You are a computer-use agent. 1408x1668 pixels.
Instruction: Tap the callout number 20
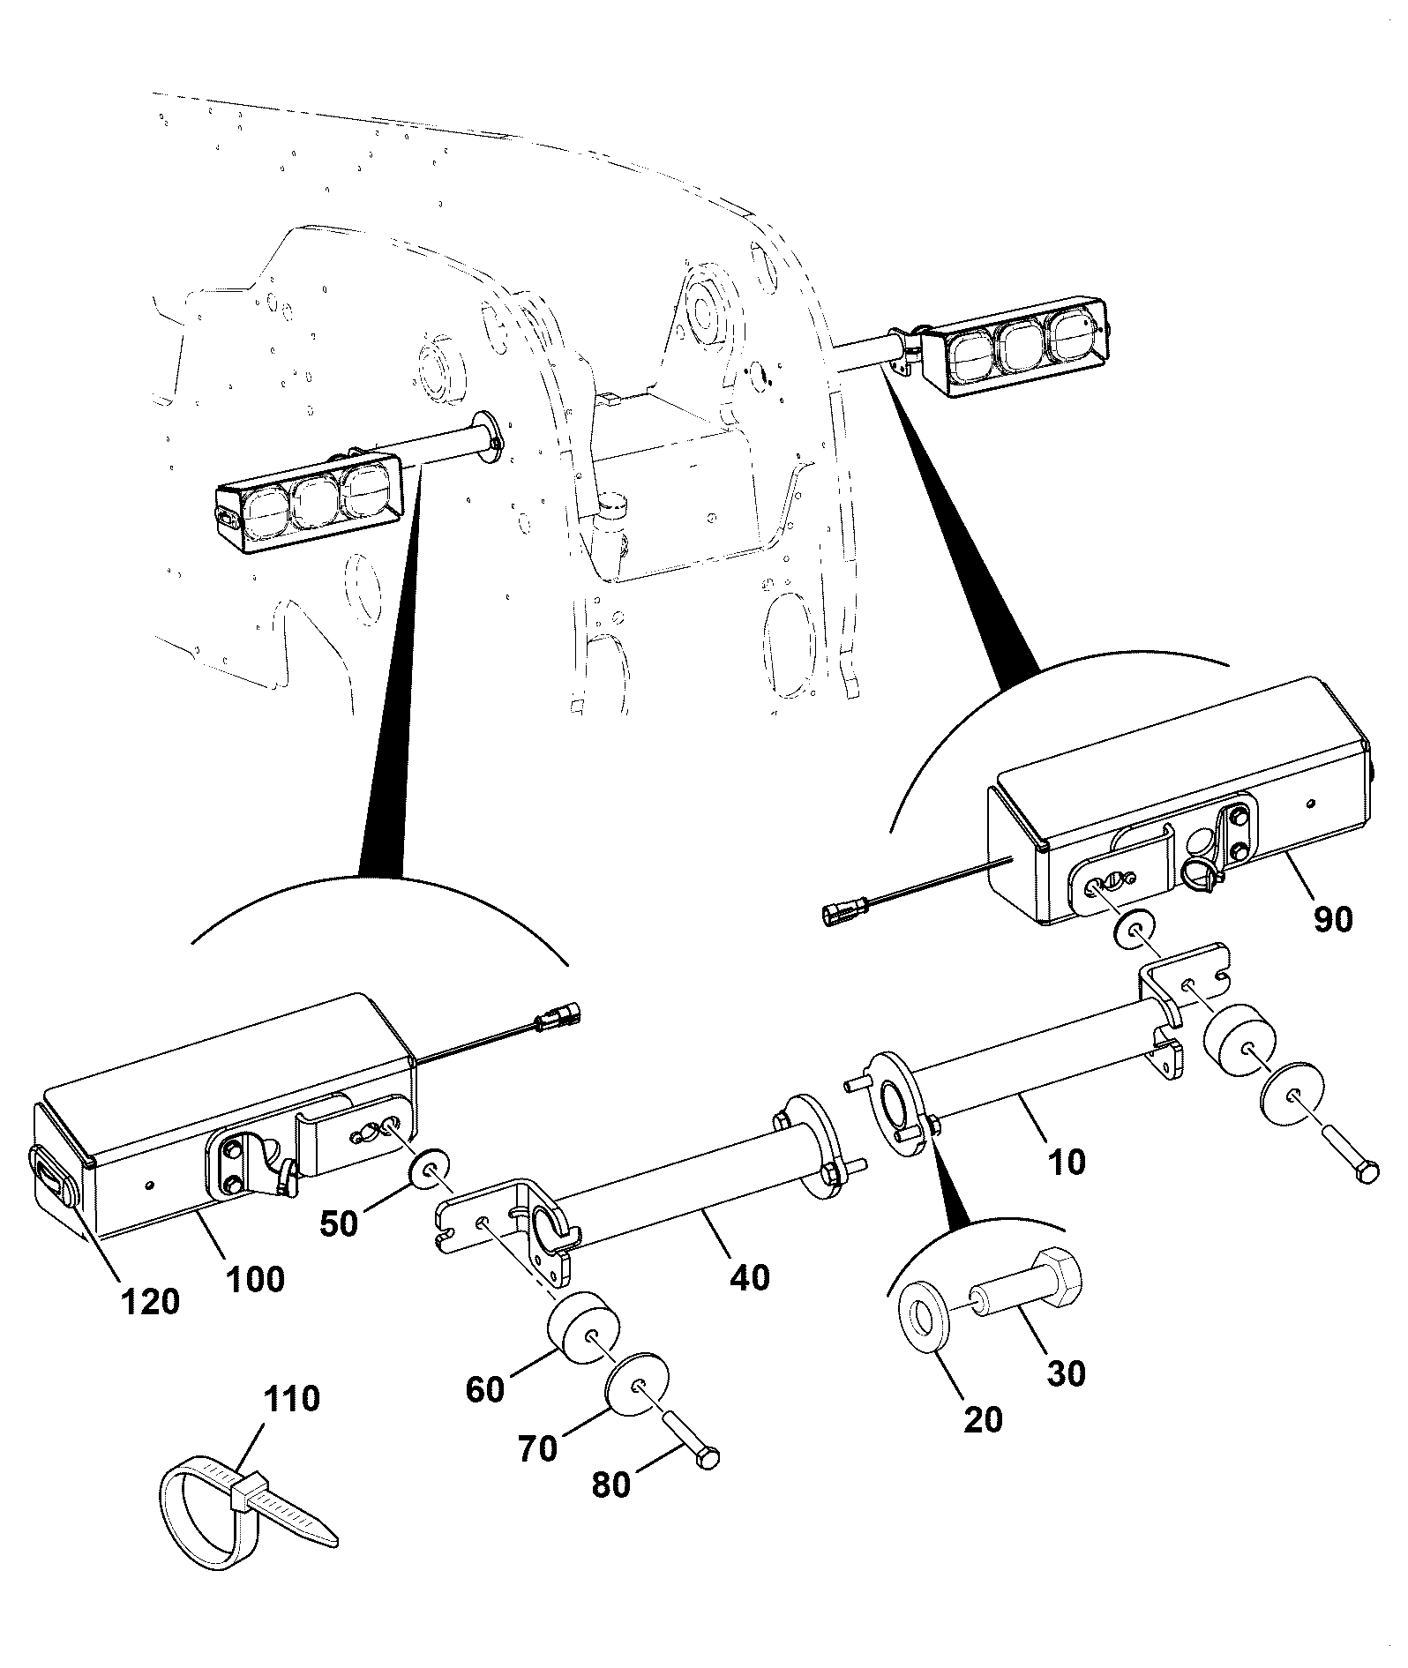983,1419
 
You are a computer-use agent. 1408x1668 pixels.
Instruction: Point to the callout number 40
750,1276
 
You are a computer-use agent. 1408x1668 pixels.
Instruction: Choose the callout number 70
537,1448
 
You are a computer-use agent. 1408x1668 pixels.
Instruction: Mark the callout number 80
611,1485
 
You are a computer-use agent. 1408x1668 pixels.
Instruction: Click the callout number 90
1332,919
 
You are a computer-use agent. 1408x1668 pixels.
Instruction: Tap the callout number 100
254,1279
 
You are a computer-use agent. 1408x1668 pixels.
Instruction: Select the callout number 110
292,1398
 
